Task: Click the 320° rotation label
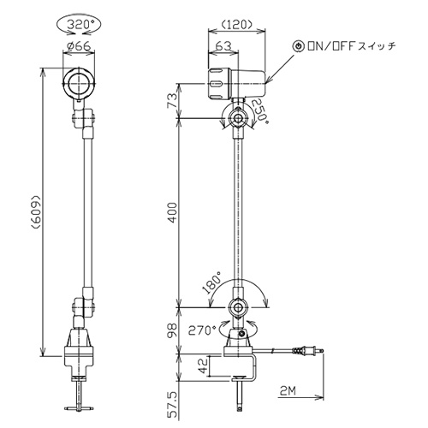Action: coord(79,25)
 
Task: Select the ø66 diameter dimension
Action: coord(78,45)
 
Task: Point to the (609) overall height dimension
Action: coord(36,212)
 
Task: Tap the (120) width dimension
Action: coord(237,25)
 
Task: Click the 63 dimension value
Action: coord(223,45)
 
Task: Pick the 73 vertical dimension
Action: coord(172,100)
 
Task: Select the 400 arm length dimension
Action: coord(172,213)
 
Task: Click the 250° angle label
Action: coord(260,110)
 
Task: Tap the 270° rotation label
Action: coord(202,330)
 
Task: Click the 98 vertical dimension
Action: coord(172,330)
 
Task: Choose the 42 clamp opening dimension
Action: coord(204,366)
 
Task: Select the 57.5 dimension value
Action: coord(172,404)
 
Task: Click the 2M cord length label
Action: coord(288,390)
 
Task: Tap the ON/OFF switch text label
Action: coord(352,46)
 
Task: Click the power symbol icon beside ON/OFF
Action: coord(299,46)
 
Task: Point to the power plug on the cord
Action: coord(310,350)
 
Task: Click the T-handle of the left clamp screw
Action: coord(78,408)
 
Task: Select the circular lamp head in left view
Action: coord(78,83)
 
